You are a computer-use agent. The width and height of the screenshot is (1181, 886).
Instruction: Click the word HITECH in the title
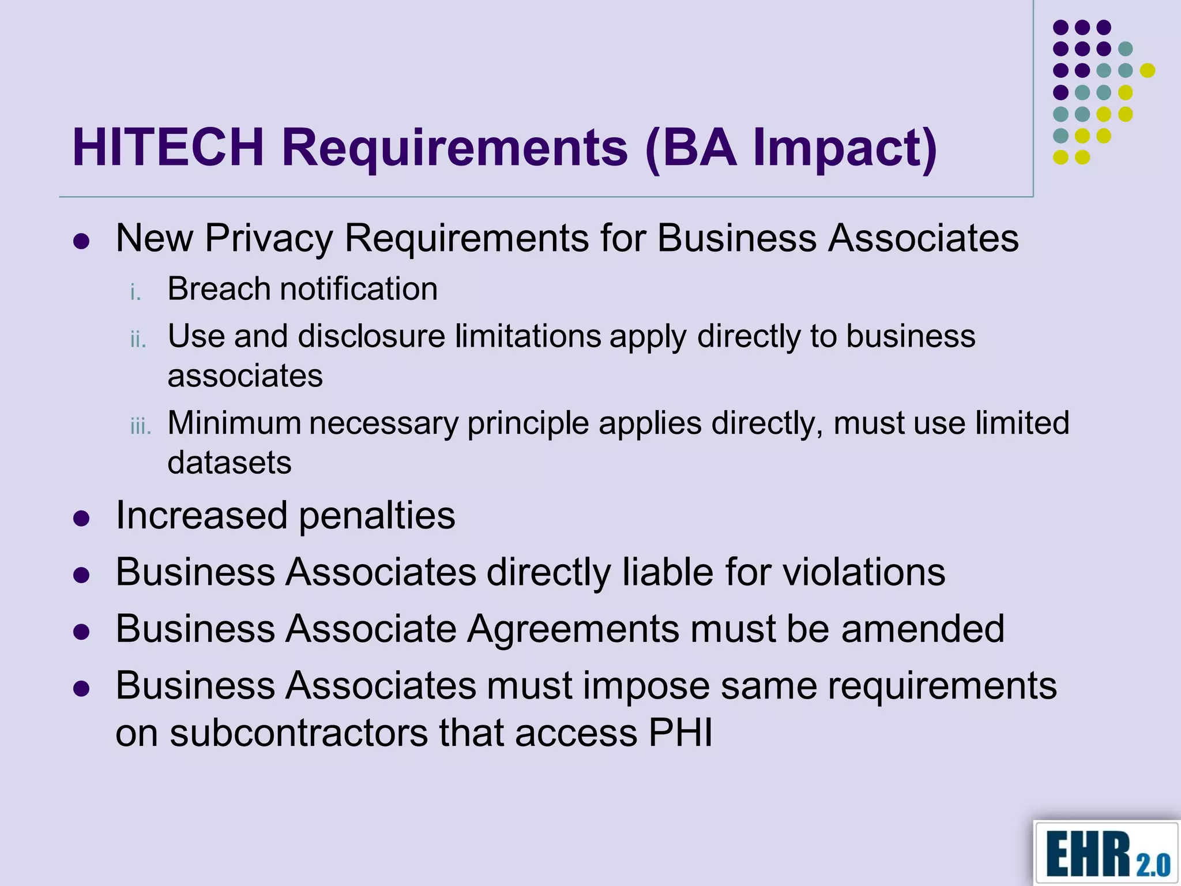(x=168, y=148)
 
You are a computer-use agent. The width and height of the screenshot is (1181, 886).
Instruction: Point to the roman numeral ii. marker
(x=138, y=339)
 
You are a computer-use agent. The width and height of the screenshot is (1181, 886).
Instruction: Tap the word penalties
(x=377, y=515)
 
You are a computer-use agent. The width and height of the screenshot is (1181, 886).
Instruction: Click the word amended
(x=923, y=628)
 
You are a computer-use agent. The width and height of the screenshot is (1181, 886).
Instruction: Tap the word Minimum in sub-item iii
(x=234, y=423)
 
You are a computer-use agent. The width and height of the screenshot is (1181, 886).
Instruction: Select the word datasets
(x=230, y=462)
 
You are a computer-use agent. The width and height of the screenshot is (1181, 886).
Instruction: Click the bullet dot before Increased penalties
(x=82, y=519)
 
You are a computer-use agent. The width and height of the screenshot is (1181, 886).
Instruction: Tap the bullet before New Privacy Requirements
(x=82, y=241)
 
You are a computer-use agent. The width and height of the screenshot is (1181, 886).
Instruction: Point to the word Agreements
(x=573, y=628)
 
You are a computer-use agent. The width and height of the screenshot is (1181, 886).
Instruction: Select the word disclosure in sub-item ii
(x=371, y=336)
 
